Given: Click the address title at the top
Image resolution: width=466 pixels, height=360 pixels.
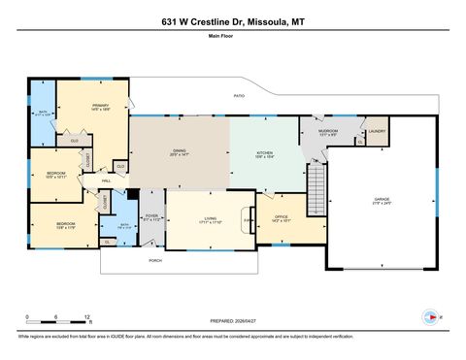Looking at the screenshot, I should [232, 20].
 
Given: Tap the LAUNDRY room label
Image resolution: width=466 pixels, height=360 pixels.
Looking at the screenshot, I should [377, 130].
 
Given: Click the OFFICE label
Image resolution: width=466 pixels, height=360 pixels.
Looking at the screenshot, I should [282, 217].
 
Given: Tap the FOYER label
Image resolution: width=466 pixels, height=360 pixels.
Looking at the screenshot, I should [151, 217].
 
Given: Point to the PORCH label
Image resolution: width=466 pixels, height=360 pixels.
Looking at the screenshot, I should [154, 260].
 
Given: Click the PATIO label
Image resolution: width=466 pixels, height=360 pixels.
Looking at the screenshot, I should [238, 97].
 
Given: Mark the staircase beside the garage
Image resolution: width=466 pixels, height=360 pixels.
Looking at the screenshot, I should [315, 190].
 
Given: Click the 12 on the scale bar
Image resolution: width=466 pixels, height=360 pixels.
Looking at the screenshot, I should [87, 317].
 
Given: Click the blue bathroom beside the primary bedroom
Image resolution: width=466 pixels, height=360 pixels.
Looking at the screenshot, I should [42, 113].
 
